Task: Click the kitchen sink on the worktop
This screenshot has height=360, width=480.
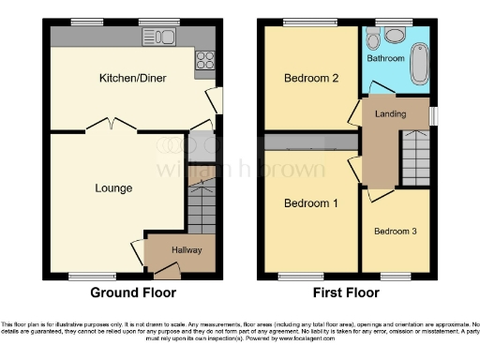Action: (x=156, y=37)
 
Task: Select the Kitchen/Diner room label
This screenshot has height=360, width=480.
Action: (x=132, y=78)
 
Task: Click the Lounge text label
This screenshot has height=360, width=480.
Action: (x=113, y=187)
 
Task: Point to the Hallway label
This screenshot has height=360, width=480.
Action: (x=186, y=250)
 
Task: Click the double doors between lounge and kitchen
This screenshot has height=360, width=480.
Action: (x=112, y=125)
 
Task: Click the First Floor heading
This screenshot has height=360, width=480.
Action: (x=346, y=292)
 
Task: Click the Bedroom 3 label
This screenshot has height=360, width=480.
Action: (x=395, y=231)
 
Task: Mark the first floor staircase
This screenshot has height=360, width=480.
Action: (x=414, y=159)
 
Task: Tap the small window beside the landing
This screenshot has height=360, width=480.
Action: (x=432, y=114)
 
